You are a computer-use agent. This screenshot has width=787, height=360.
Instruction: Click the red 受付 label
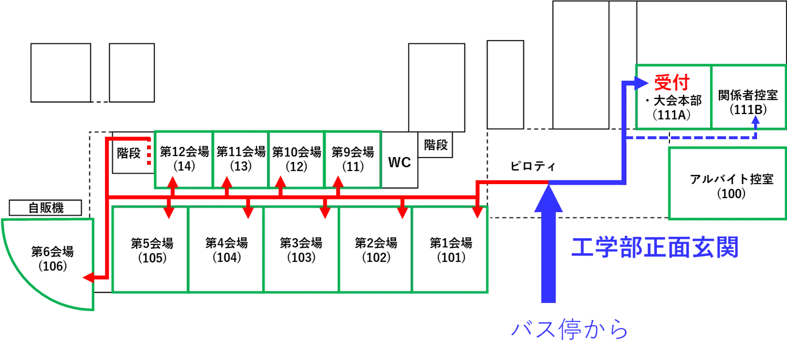pos(671,84)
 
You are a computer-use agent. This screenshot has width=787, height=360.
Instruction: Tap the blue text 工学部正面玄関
pos(654,248)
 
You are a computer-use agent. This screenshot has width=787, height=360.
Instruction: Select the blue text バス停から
pos(569,331)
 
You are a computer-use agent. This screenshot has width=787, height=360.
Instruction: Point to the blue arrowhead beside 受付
pos(641,83)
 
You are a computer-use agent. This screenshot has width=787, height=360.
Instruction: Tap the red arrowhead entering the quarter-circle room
pos(88,277)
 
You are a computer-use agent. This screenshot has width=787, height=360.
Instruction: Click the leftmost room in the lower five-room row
pos(150,249)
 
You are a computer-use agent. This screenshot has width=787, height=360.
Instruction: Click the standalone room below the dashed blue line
pos(725,184)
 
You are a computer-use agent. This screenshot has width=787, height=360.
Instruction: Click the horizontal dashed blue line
pos(691,138)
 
